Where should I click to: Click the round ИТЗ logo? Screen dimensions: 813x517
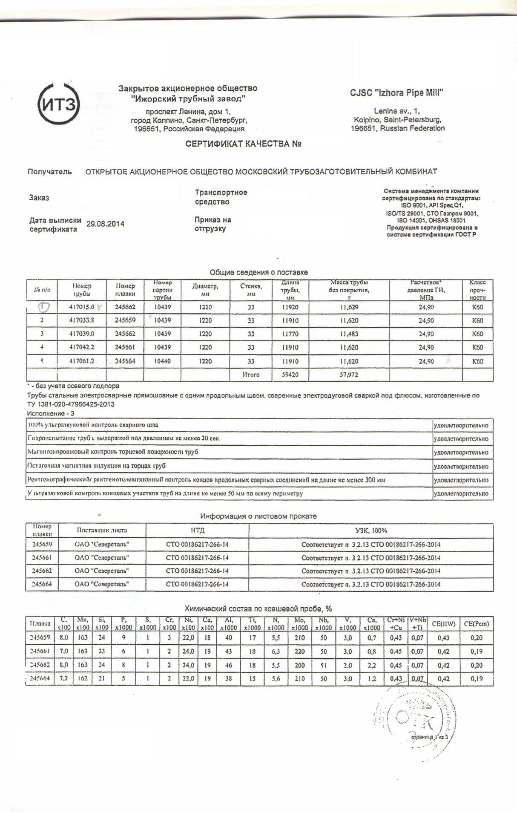(x=59, y=104)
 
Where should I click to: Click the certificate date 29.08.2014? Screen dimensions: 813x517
(x=105, y=224)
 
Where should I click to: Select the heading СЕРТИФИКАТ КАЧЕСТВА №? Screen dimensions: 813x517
(x=243, y=144)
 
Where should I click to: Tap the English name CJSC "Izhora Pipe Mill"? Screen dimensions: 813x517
(x=397, y=92)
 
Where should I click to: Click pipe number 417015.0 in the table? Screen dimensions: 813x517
(x=81, y=307)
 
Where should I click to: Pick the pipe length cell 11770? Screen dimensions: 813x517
(x=290, y=334)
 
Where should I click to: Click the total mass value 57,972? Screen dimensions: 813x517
(x=349, y=375)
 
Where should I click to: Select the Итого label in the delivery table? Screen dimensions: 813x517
(x=251, y=375)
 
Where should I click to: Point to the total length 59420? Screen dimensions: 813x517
(x=290, y=375)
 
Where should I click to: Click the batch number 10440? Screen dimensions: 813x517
(x=162, y=361)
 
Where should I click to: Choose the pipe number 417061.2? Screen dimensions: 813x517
(x=81, y=361)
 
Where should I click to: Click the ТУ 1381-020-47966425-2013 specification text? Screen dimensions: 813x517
(x=71, y=404)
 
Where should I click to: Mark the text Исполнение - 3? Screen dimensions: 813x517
(x=50, y=413)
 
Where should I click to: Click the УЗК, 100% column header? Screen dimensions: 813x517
(x=371, y=530)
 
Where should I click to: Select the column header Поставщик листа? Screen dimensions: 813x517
(x=102, y=530)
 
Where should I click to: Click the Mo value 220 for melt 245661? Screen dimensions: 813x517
(x=299, y=651)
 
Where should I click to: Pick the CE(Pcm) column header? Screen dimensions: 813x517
(x=476, y=624)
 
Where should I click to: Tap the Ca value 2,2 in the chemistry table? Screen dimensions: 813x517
(x=371, y=665)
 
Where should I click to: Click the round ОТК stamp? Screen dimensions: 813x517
(x=413, y=720)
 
